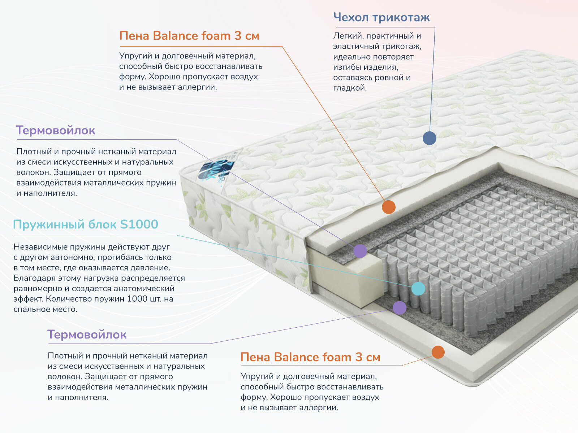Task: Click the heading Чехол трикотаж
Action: [381, 17]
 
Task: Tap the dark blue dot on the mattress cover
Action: [429, 138]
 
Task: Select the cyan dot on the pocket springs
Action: [418, 289]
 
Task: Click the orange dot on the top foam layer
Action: [389, 207]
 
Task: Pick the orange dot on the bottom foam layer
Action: [438, 352]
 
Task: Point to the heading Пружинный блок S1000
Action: [86, 224]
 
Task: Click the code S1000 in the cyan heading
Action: [139, 224]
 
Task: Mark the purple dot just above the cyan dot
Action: [360, 250]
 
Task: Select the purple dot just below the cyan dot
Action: [399, 307]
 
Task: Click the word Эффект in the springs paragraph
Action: [28, 299]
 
